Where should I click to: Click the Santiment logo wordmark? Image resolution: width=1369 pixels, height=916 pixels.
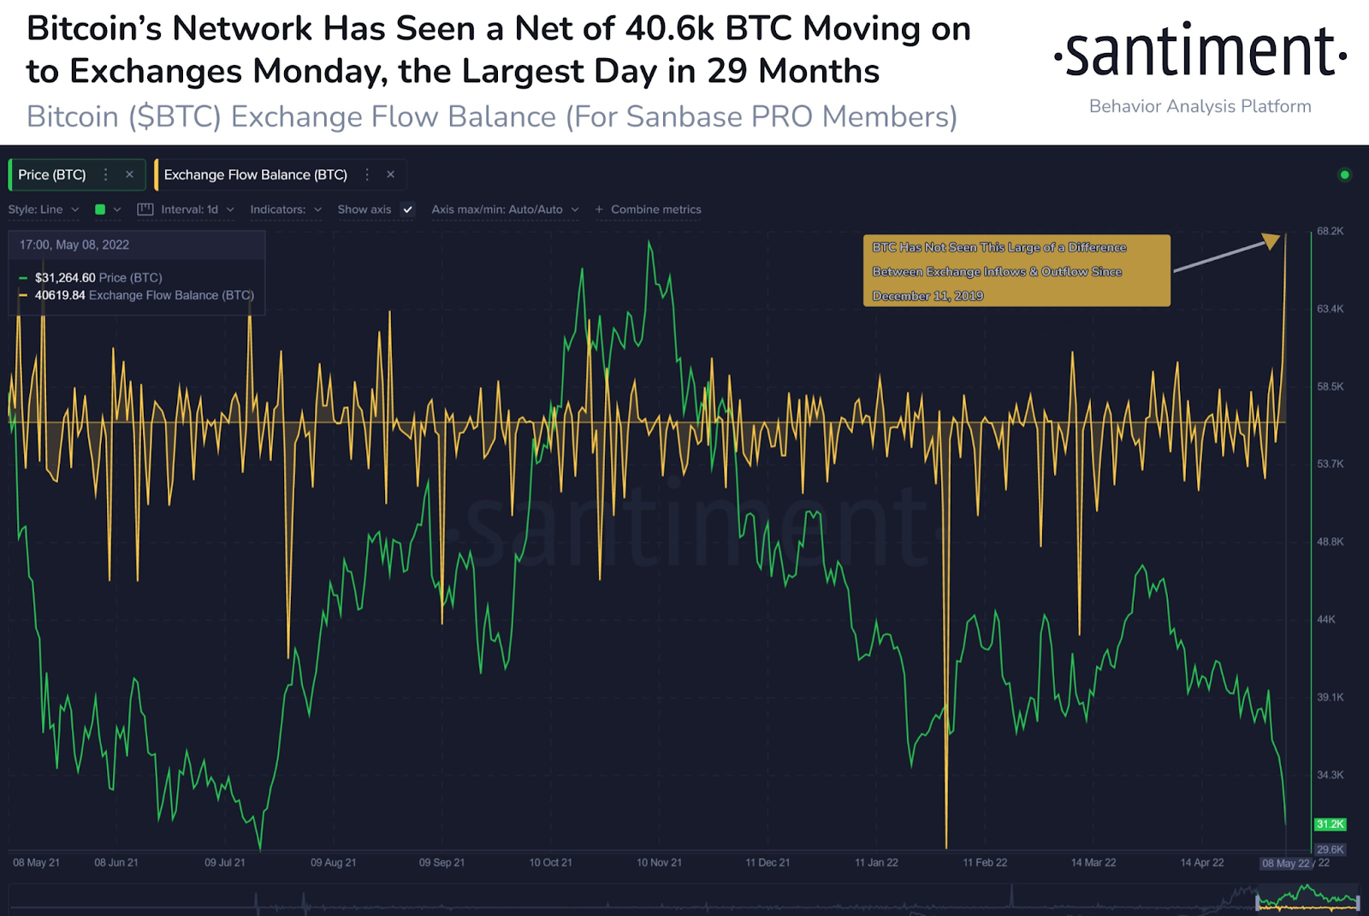1200,53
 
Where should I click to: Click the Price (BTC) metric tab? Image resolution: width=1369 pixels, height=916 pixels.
52,174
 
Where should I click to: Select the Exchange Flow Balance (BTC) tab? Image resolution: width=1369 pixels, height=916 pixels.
255,174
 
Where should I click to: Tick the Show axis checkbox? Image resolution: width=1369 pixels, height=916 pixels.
408,210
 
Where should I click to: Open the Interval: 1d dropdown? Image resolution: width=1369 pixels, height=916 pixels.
189,210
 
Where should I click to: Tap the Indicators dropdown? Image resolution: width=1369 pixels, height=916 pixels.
285,210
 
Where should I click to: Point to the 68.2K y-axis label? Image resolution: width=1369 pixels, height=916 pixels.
1330,231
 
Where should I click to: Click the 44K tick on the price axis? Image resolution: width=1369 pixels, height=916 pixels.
1326,619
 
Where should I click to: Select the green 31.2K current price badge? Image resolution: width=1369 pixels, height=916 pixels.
1330,824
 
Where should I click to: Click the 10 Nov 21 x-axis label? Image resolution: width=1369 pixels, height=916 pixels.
659,862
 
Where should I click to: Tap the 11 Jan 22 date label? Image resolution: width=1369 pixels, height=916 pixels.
876,862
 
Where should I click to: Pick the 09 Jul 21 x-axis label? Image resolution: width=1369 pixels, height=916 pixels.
225,862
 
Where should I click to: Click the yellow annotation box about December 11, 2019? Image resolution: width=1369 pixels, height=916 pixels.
1016,271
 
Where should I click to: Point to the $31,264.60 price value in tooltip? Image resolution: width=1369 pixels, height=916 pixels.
65,278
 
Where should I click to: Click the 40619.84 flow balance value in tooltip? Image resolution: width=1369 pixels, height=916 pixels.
60,295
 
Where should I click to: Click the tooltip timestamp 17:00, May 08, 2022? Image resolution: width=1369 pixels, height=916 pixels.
74,245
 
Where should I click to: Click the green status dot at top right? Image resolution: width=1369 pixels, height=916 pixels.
1344,175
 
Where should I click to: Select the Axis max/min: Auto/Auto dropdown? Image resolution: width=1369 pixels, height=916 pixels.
504,210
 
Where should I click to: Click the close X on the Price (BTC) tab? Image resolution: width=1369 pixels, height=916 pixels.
129,174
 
